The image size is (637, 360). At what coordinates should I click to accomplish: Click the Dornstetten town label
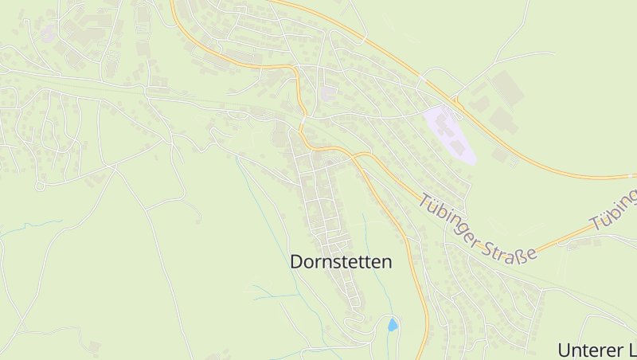(x=341, y=261)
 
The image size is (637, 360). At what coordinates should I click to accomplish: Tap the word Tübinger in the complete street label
(x=450, y=223)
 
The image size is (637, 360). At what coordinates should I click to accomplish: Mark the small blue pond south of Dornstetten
(x=392, y=324)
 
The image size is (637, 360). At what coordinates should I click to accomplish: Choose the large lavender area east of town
(x=450, y=134)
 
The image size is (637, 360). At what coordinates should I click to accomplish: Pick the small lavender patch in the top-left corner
(x=47, y=33)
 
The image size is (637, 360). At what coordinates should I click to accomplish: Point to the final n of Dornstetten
(x=386, y=261)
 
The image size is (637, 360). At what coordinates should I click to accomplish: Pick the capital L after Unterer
(x=631, y=350)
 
